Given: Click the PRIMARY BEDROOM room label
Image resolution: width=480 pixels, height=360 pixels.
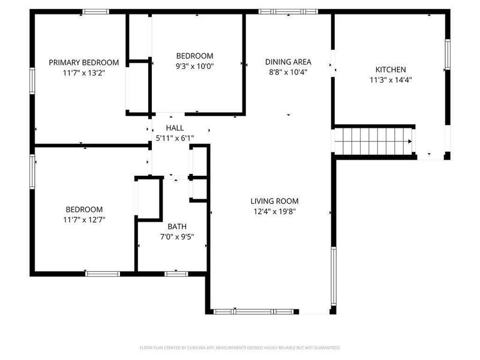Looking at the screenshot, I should pos(83,62).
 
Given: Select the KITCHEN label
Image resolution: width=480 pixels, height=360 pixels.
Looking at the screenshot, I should pos(391,70).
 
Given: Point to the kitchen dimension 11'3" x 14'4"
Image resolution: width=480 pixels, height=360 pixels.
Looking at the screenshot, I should pos(391,79).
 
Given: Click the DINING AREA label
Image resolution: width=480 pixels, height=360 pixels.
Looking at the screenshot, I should pos(288,62).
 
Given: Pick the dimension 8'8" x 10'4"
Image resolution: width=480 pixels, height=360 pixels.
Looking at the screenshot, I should pos(288,72).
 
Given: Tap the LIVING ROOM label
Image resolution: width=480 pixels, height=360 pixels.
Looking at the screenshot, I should pos(274,201).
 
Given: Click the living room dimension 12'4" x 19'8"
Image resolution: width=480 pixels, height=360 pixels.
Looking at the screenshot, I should pos(274,211).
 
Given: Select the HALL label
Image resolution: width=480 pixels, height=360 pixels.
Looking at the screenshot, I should pos(175,128).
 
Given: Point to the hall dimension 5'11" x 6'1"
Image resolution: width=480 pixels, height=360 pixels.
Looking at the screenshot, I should pos(175,138).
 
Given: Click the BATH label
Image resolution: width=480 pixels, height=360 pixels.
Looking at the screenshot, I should pos(177,226).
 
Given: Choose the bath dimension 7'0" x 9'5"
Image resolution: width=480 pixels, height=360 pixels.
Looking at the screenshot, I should pos(177,236).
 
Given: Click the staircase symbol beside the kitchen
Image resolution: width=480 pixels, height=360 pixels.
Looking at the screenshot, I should pos(373,142).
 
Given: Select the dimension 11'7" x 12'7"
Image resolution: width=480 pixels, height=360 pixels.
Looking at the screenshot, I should pos(83,219).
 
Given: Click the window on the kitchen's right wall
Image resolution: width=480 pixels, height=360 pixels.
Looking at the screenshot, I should pos(446,55).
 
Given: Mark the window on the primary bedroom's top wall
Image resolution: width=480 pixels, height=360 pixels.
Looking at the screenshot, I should pos(96,11).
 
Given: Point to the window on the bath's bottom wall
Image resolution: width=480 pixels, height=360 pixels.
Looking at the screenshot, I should pos(176,274).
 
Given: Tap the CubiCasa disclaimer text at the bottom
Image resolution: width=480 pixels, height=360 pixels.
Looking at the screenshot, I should pos(240,347).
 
